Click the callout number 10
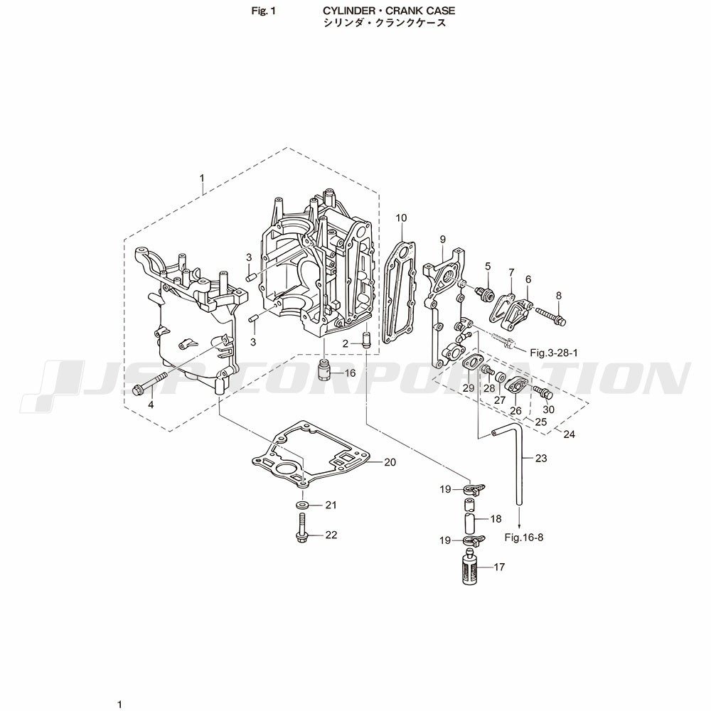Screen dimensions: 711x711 tap(401, 218)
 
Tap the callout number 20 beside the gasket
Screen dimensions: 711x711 tap(390, 462)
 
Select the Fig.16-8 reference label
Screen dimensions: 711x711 tap(524, 538)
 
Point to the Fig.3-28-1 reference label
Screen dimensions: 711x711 tap(554, 353)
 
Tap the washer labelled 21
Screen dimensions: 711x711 tap(301, 505)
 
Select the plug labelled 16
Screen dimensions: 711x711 tap(324, 370)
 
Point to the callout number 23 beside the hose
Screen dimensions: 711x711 tap(541, 459)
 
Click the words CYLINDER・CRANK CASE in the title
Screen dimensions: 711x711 tap(389, 11)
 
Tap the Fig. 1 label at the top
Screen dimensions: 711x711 tap(264, 11)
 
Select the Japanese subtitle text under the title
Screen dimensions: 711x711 tap(384, 23)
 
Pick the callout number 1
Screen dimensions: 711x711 tap(202, 178)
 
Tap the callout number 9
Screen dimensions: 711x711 tap(442, 239)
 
